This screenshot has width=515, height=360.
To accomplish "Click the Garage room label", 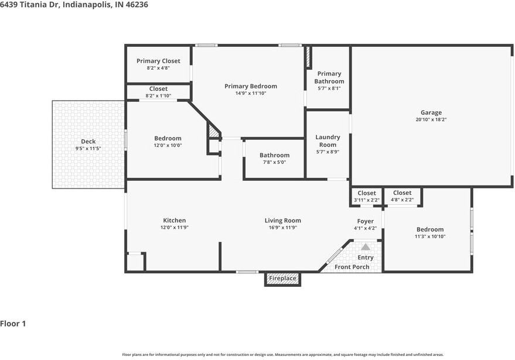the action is tap(431, 112).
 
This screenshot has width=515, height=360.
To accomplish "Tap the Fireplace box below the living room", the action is tap(282, 279).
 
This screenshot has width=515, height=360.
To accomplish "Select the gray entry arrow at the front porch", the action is tap(366, 247).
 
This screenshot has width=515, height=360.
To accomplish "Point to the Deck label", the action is tap(88, 142).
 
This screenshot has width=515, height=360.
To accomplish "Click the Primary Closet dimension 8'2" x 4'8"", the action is tap(158, 68).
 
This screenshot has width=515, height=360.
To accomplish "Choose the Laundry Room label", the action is tap(328, 141).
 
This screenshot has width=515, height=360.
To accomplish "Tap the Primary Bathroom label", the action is tap(329, 77).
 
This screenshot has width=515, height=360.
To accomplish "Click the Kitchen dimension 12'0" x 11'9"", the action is tap(175, 228).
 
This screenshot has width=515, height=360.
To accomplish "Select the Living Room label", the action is tap(283, 221).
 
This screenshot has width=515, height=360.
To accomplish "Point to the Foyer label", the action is tap(365, 221).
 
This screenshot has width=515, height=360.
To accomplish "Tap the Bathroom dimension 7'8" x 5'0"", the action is tap(275, 162).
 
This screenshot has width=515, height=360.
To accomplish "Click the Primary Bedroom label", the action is tap(251, 86).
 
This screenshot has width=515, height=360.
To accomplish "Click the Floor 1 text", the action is tap(13, 324).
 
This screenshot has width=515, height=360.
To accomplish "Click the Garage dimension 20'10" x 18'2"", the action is tap(431, 120).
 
